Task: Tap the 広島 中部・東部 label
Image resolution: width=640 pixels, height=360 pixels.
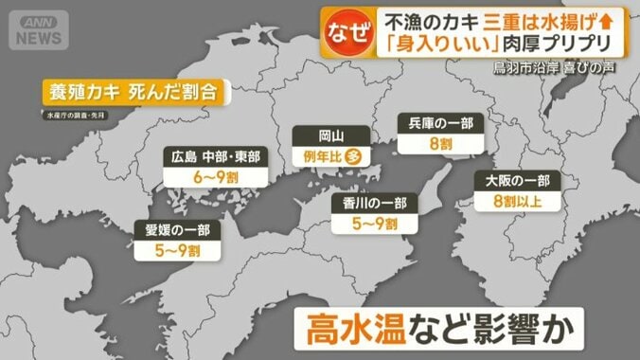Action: point(216,156)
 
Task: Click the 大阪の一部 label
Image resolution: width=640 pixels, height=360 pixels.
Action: point(517,180)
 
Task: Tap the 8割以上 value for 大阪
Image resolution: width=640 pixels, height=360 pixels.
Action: point(517,201)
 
